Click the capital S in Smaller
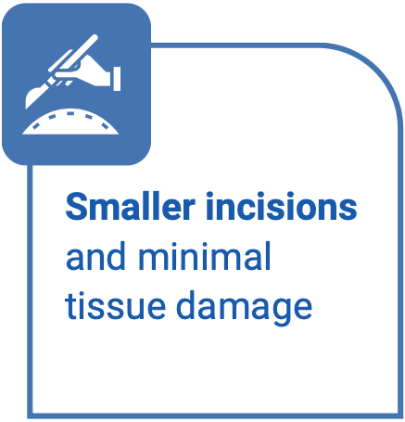[x=75, y=208]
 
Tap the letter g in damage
[x=277, y=310]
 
